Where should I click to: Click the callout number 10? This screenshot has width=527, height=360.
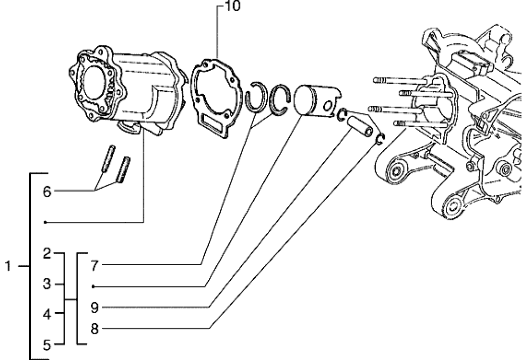[x=222, y=7]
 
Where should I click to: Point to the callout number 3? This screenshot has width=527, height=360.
[x=46, y=284]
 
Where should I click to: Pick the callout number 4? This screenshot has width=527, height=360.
[x=46, y=315]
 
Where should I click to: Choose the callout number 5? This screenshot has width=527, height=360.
[x=46, y=345]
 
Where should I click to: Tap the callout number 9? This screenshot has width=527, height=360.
[x=95, y=307]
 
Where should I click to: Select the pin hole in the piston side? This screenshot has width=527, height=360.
[x=329, y=106]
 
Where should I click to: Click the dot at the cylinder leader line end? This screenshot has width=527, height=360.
[x=45, y=222]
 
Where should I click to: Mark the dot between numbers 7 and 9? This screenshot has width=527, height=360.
[x=94, y=286]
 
